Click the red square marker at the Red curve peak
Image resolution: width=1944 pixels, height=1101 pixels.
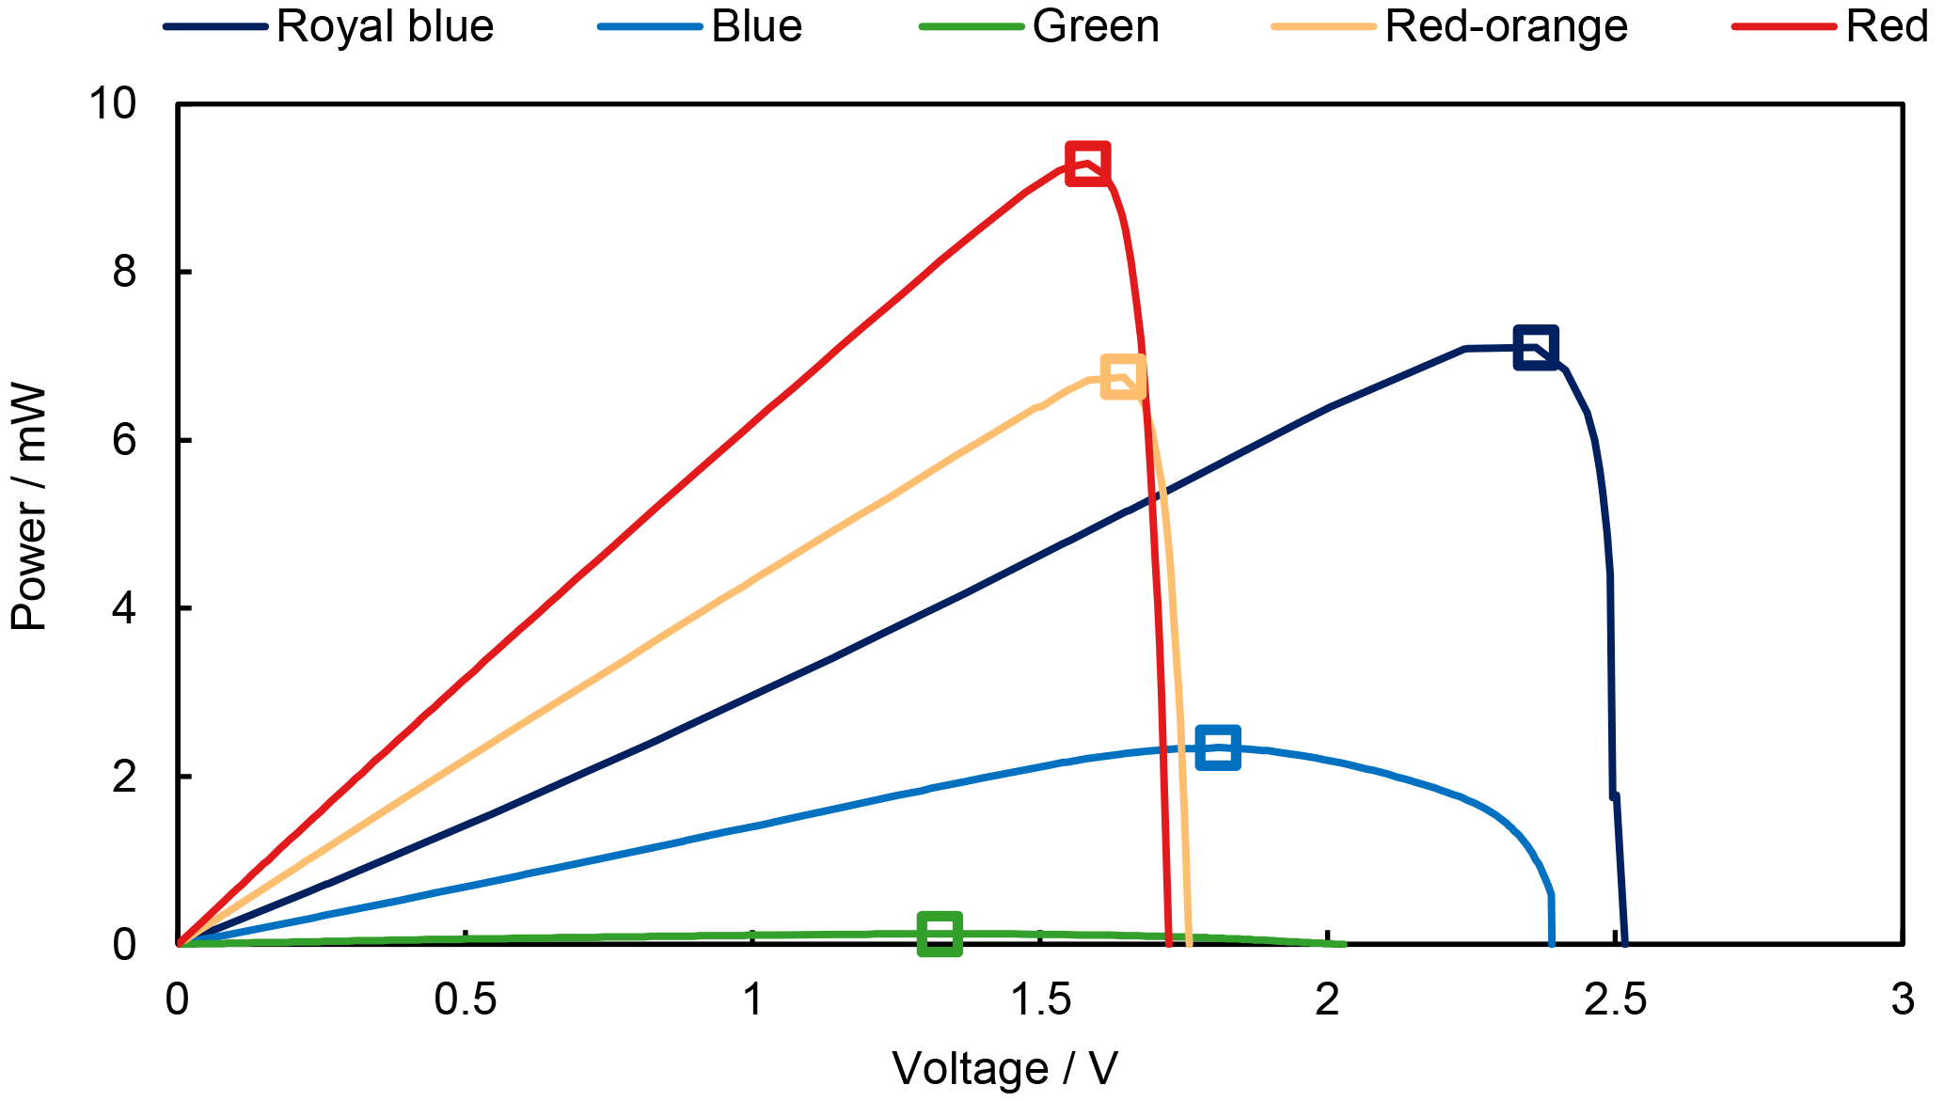click(x=1087, y=164)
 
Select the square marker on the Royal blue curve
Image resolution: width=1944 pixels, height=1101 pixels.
click(x=1535, y=348)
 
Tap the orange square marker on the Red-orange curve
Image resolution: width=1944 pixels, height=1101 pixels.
click(x=1122, y=377)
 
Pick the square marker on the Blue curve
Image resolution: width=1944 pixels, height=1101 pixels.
click(x=1217, y=747)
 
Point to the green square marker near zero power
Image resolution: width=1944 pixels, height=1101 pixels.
click(x=939, y=933)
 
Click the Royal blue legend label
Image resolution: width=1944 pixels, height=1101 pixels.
click(x=385, y=26)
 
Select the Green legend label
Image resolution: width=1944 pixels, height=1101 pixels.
click(x=1096, y=26)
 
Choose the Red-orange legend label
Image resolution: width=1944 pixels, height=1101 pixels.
click(x=1506, y=26)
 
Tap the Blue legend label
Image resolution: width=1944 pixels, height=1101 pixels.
click(x=756, y=26)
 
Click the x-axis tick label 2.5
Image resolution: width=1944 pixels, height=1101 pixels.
click(x=1615, y=999)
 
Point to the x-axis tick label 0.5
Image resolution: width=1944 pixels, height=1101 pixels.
click(x=465, y=999)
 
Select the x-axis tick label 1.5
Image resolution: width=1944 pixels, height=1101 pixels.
click(x=1040, y=999)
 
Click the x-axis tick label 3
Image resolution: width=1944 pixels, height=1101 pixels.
click(x=1903, y=999)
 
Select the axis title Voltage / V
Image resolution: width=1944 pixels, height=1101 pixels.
click(x=1004, y=1069)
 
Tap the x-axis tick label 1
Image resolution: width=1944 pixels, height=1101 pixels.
click(x=752, y=999)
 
